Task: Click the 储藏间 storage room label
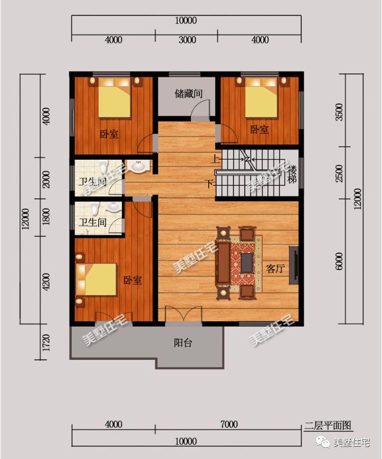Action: click(x=188, y=94)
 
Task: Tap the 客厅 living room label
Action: click(x=275, y=269)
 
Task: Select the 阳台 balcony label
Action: click(x=183, y=344)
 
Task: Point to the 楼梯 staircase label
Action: click(x=292, y=174)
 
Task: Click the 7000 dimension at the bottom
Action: click(x=229, y=425)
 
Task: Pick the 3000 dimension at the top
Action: click(x=187, y=40)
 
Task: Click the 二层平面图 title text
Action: click(x=328, y=426)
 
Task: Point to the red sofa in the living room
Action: click(x=223, y=263)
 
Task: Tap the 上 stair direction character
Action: click(x=215, y=159)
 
